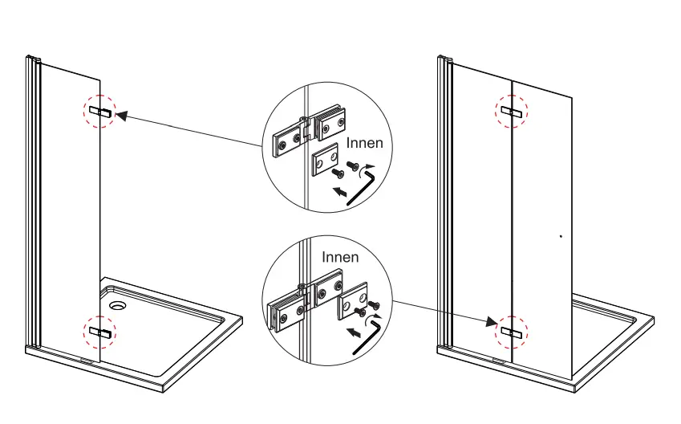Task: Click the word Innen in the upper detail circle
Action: (x=364, y=143)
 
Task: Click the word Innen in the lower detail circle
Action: (x=340, y=257)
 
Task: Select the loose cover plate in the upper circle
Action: (x=326, y=161)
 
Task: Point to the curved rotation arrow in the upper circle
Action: (x=368, y=169)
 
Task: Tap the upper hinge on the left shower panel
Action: (x=100, y=111)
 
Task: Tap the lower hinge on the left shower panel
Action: (x=100, y=331)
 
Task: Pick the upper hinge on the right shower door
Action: (x=511, y=111)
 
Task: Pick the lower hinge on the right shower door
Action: (x=511, y=331)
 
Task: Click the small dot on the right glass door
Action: (x=560, y=236)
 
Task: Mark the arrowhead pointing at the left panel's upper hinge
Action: (x=121, y=116)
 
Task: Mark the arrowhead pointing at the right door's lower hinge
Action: (x=491, y=323)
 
